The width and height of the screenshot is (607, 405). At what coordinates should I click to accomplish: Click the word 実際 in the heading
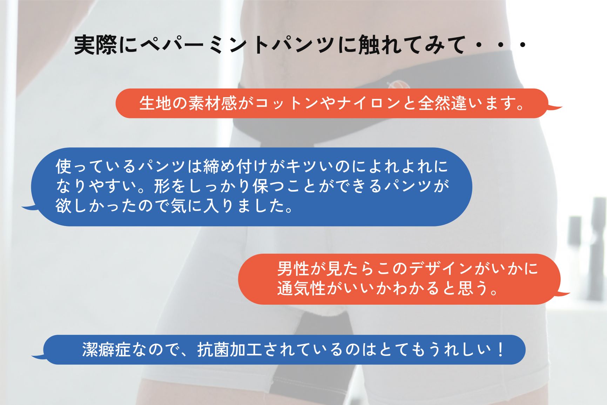coord(95,45)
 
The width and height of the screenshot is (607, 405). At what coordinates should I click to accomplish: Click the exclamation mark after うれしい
coord(500,350)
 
